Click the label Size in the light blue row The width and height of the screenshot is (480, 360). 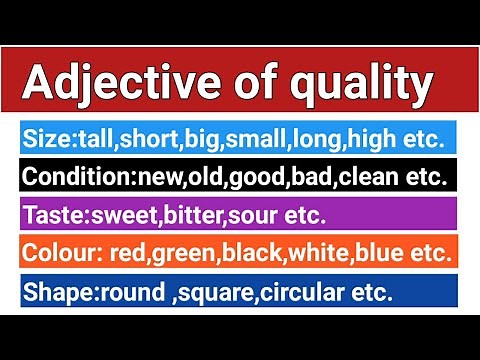coord(44,137)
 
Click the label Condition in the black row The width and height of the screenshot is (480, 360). coord(67,177)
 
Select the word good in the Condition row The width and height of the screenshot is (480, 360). coord(258,177)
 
